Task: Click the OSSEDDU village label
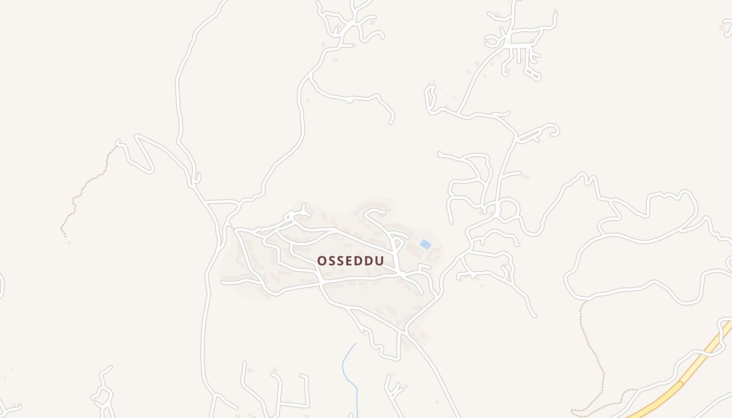[350, 261]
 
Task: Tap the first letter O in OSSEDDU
[322, 261]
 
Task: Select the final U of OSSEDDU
[379, 261]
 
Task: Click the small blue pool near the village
[426, 244]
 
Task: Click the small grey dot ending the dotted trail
[68, 242]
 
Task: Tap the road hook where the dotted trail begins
[118, 142]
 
